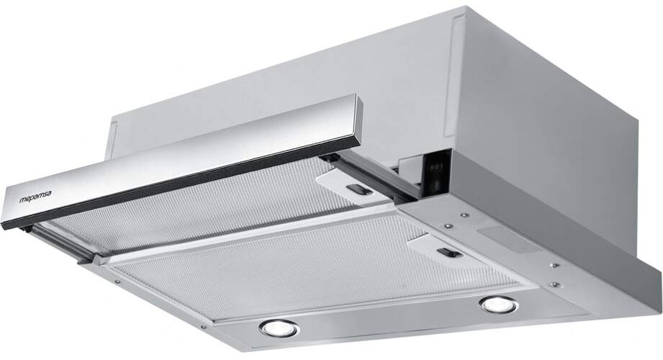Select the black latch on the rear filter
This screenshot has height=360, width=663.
(360, 192)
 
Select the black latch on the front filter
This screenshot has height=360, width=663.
(448, 253)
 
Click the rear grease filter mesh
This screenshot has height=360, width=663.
(216, 209)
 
